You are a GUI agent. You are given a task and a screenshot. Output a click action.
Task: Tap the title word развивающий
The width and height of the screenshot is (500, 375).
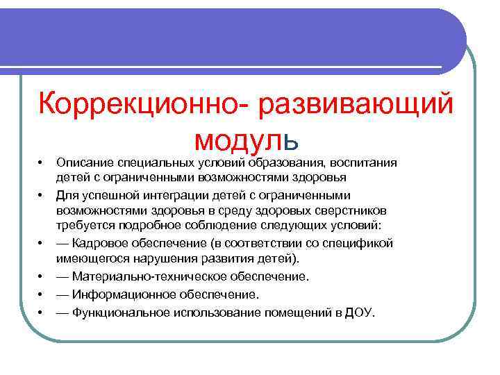point(355,104)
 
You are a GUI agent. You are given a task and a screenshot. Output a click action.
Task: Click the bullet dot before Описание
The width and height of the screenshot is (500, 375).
point(40,163)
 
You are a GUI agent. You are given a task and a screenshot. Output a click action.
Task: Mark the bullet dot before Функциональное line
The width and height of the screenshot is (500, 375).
point(40,312)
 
